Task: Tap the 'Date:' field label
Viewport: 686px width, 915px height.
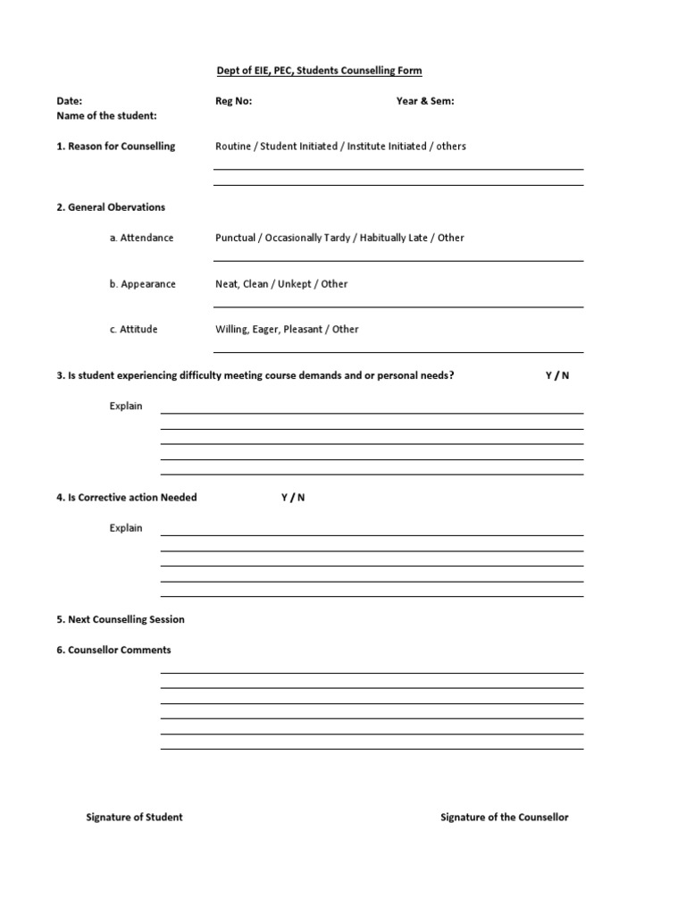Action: tap(70, 101)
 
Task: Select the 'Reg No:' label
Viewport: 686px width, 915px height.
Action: tap(234, 101)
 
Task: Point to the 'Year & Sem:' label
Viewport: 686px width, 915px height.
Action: tap(425, 101)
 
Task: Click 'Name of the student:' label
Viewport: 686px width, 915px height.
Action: tap(107, 116)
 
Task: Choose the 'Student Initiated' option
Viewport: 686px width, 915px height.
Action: tap(299, 147)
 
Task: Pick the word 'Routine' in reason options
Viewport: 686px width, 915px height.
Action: tap(233, 147)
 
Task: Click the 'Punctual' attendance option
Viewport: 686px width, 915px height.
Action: tap(235, 239)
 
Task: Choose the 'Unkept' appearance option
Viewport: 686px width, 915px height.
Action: tap(295, 284)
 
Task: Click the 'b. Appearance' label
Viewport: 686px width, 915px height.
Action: tap(143, 284)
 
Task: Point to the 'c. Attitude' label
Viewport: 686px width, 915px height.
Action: tap(134, 330)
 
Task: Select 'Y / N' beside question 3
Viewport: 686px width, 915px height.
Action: tap(557, 376)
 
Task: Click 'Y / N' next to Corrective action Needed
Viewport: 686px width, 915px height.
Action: tap(293, 498)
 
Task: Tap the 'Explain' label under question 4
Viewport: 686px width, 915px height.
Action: tap(126, 528)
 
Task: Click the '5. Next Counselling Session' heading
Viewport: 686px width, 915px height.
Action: tap(121, 620)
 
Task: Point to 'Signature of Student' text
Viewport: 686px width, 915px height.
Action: tap(134, 818)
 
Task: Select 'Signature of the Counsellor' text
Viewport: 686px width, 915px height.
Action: tap(505, 818)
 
